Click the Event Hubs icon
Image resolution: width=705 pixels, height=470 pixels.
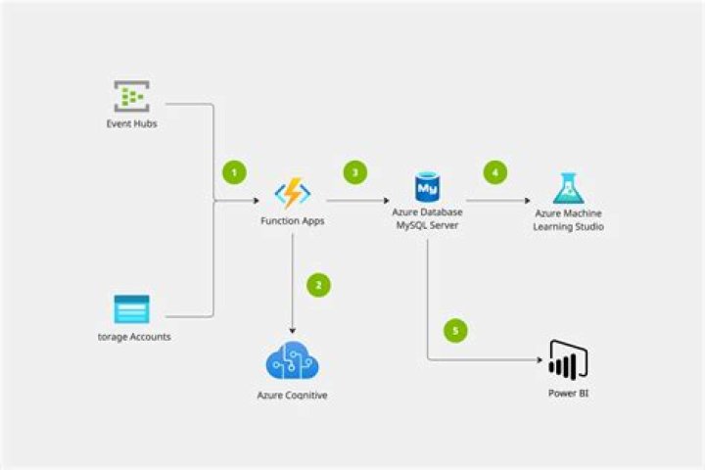pyautogui.click(x=131, y=96)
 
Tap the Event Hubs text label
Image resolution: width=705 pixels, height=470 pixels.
pyautogui.click(x=131, y=124)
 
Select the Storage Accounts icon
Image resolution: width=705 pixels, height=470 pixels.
pyautogui.click(x=131, y=309)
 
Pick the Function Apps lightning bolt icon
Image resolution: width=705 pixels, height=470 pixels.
pyautogui.click(x=292, y=193)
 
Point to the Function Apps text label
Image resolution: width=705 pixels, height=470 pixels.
pyautogui.click(x=292, y=221)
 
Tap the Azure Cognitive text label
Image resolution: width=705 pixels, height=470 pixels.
pyautogui.click(x=292, y=395)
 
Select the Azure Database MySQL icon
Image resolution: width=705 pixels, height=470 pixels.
pyautogui.click(x=427, y=186)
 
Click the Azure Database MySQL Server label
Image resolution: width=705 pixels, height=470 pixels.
pyautogui.click(x=427, y=219)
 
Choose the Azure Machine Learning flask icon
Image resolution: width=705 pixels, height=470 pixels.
pyautogui.click(x=569, y=188)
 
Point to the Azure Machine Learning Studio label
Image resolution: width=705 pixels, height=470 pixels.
pyautogui.click(x=569, y=219)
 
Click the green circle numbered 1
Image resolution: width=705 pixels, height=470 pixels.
pyautogui.click(x=233, y=172)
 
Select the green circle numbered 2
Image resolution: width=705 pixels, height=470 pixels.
pyautogui.click(x=318, y=285)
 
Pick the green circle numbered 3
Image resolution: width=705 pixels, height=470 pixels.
pyautogui.click(x=354, y=172)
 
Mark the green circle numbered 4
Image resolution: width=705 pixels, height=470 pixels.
pyautogui.click(x=494, y=172)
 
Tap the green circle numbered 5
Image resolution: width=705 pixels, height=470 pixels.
pyautogui.click(x=453, y=330)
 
